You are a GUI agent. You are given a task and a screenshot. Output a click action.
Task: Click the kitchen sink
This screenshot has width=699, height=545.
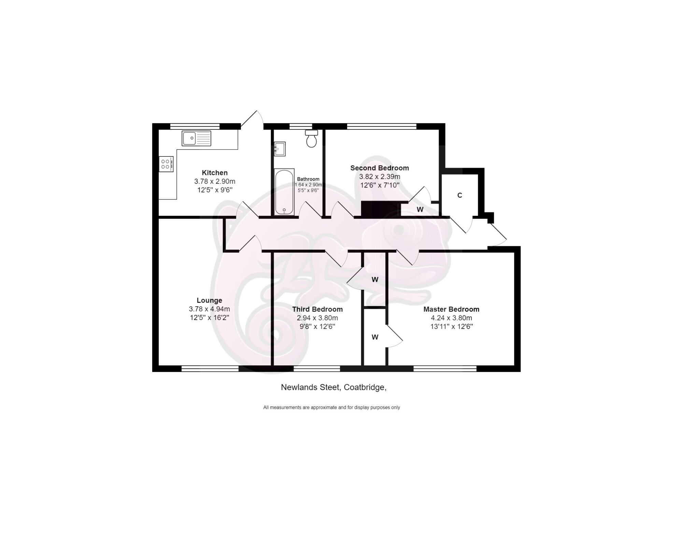pos(196,138)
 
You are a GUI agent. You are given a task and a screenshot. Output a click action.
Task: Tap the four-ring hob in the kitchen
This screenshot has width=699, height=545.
pos(166,164)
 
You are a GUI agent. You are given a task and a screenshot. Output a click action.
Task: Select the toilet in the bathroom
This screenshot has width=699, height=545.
pos(311,139)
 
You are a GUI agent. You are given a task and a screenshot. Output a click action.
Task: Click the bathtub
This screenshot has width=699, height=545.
pos(284,192)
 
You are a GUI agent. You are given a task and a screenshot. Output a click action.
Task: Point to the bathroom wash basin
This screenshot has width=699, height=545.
pos(280,149)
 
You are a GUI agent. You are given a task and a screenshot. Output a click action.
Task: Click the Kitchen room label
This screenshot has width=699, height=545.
pos(215,173)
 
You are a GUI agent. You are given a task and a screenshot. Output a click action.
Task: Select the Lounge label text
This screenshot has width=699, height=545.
pos(209,301)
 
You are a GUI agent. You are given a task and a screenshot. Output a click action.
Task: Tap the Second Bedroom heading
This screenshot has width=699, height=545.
pos(380,168)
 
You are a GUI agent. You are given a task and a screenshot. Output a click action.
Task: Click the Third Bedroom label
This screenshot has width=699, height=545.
pos(317,309)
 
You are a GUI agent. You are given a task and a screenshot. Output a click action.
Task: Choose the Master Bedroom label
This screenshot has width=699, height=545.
pos(451,309)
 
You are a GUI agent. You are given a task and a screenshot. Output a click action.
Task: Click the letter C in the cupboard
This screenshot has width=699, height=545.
pos(460,195)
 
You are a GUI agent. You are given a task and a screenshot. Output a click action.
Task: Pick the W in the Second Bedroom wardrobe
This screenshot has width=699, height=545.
pos(420,210)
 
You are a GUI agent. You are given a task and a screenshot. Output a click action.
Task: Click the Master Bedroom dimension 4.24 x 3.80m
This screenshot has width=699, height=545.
pos(451,318)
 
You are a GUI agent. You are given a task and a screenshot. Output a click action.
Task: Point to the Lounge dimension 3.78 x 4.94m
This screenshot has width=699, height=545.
pos(209,309)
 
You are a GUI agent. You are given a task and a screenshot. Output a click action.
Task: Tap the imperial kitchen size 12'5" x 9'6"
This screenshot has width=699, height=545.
pos(215,190)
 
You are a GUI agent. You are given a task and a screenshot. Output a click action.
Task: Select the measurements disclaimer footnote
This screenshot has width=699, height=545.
pos(331,407)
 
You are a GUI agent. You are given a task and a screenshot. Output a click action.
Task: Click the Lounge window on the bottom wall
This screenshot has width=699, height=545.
pos(210,368)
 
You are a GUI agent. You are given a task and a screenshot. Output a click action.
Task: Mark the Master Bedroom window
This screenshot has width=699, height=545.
pos(445,368)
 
